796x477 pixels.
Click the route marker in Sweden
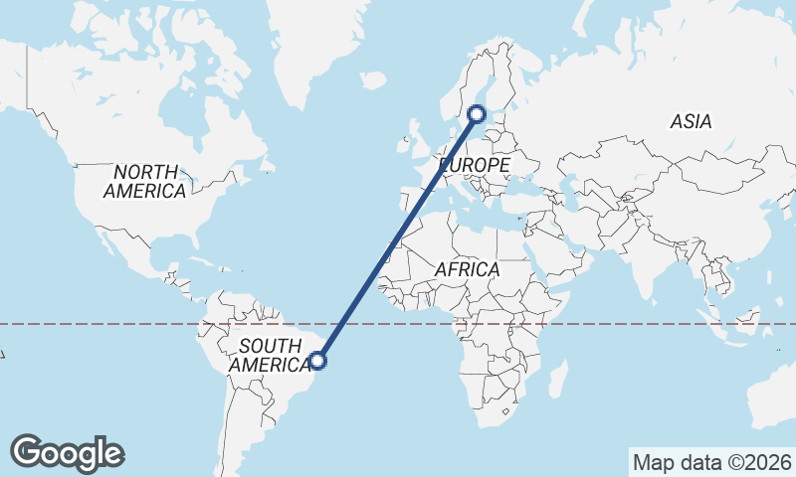pos(477,114)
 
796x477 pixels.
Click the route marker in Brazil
pos(318,361)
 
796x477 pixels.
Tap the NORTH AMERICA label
pos(145,181)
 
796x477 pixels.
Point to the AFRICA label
pos(467,269)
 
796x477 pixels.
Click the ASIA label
pos(691,122)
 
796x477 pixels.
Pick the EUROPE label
pos(475,164)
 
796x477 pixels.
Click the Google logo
pos(67,453)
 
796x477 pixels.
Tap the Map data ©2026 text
pos(711,462)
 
